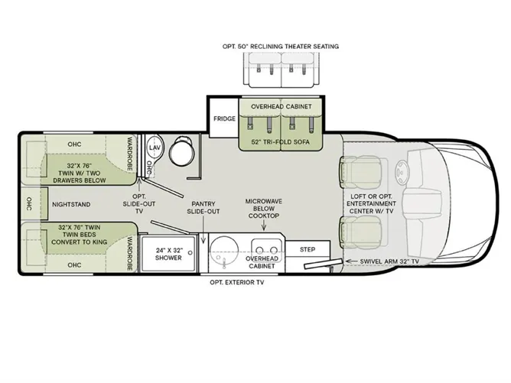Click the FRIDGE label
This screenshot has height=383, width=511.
tap(224, 118)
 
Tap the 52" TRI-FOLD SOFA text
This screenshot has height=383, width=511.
tap(281, 142)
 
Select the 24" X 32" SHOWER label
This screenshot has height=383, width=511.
tap(168, 254)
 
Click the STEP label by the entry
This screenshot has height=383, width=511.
tap(308, 249)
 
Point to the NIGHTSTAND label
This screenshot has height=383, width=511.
tap(71, 205)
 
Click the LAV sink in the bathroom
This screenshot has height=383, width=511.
tap(155, 148)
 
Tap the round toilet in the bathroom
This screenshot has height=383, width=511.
tap(182, 149)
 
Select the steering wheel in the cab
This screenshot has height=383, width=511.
tap(402, 170)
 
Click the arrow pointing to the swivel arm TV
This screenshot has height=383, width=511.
tap(351, 261)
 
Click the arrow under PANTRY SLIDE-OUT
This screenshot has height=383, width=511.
tap(203, 230)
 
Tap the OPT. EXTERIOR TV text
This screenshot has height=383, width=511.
tap(237, 282)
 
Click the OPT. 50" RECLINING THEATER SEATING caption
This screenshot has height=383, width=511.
tap(281, 47)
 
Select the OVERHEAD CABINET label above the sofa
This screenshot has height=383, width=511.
tap(282, 106)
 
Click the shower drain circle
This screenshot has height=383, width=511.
tap(190, 253)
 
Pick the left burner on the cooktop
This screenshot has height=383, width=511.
tap(259, 250)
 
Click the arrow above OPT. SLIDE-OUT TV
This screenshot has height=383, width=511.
tap(139, 185)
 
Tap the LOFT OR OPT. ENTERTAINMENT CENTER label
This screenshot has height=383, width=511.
tap(371, 204)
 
